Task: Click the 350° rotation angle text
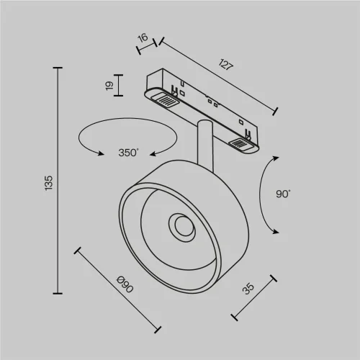(129, 153)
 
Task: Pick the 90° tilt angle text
(282, 194)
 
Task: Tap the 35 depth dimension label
(249, 289)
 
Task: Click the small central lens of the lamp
(181, 228)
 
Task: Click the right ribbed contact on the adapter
(240, 145)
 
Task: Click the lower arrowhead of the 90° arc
(275, 230)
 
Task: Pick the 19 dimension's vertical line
(120, 85)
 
